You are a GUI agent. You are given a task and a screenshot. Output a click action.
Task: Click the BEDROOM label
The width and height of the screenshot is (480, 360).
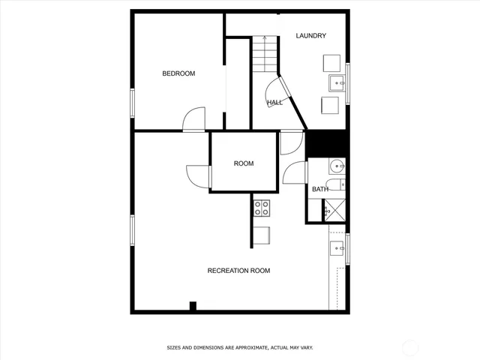pyautogui.click(x=178, y=73)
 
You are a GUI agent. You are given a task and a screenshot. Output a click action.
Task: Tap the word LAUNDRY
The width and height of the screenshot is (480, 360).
pyautogui.click(x=310, y=36)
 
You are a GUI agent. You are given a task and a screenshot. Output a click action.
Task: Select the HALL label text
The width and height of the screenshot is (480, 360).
pyautogui.click(x=274, y=102)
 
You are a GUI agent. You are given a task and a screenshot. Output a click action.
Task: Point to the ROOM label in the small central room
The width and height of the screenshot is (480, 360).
pyautogui.click(x=244, y=163)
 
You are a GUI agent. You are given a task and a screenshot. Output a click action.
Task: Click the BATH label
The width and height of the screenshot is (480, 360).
pyautogui.click(x=320, y=189)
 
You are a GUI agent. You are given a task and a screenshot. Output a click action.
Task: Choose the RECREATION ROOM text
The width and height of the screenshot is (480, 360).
pyautogui.click(x=238, y=271)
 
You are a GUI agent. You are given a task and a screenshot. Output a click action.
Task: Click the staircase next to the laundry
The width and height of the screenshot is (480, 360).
pyautogui.click(x=265, y=53)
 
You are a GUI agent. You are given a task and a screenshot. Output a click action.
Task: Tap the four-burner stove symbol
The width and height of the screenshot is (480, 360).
pyautogui.click(x=262, y=208)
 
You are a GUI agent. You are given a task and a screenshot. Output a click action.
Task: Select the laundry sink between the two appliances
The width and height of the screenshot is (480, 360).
pyautogui.click(x=335, y=83)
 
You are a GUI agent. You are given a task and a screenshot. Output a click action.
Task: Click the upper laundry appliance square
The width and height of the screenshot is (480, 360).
pyautogui.click(x=331, y=62)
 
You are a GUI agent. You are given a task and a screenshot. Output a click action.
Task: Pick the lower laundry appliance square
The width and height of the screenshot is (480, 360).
pyautogui.click(x=329, y=105)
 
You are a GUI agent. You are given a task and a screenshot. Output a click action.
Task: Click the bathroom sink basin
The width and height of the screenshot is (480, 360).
pyautogui.click(x=337, y=166)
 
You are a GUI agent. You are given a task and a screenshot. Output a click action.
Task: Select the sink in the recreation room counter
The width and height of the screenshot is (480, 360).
pyautogui.click(x=337, y=247)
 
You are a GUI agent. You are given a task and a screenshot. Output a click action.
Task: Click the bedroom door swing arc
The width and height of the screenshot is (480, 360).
pyautogui.click(x=193, y=118)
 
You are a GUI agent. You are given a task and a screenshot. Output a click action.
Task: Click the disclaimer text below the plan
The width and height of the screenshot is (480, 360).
pyautogui.click(x=239, y=348)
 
